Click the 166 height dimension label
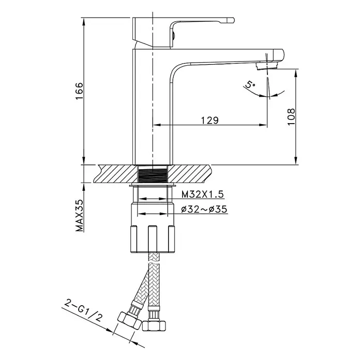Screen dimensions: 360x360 coord(79,91)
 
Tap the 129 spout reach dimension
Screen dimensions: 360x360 coord(210,120)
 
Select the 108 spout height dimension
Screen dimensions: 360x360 coord(291,116)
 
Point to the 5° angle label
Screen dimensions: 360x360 coord(250,84)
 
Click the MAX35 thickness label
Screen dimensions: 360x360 coord(80,215)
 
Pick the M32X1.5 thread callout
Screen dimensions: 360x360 coord(202,194)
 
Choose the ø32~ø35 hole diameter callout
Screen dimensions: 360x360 coord(204,209)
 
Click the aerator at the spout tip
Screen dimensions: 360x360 coord(267,66)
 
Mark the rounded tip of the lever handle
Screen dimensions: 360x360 coord(231,21)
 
